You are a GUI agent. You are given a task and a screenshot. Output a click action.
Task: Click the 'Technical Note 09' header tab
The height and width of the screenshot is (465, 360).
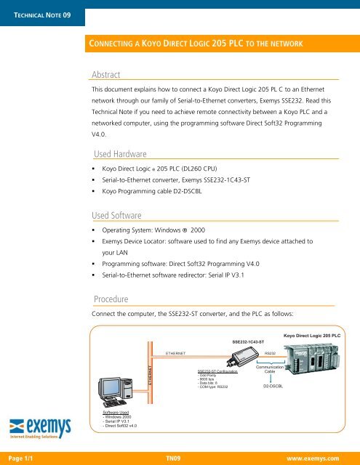(x=42, y=14)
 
